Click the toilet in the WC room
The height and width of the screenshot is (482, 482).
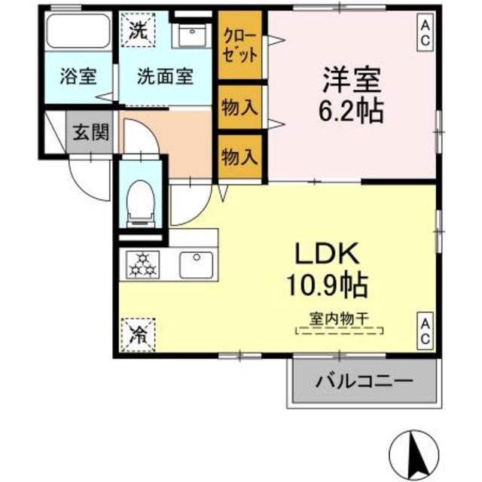pos(141,203)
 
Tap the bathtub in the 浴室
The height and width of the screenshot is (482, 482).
pos(78,30)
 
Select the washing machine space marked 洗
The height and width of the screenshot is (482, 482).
pos(138,29)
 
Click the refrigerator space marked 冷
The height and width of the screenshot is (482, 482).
pos(138,334)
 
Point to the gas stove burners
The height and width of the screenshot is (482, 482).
pos(142,264)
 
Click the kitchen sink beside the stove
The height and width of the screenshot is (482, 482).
pos(197,264)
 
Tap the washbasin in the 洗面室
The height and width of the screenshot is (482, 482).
pos(191,33)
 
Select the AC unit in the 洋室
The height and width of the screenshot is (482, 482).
pos(425,32)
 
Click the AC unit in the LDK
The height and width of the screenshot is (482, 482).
pos(425,331)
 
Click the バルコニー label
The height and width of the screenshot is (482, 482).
pos(364,382)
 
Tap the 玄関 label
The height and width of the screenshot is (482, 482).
pos(91,133)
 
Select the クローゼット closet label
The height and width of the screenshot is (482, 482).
pos(240,46)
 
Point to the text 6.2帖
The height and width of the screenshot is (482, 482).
pos(351,111)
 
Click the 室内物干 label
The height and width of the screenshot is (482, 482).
pos(339,319)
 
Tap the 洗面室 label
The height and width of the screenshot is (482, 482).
pos(165,76)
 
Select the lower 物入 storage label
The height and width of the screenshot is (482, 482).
pos(239,157)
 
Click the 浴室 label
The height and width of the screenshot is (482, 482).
pos(78,76)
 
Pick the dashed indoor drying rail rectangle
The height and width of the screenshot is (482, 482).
pos(340,331)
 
